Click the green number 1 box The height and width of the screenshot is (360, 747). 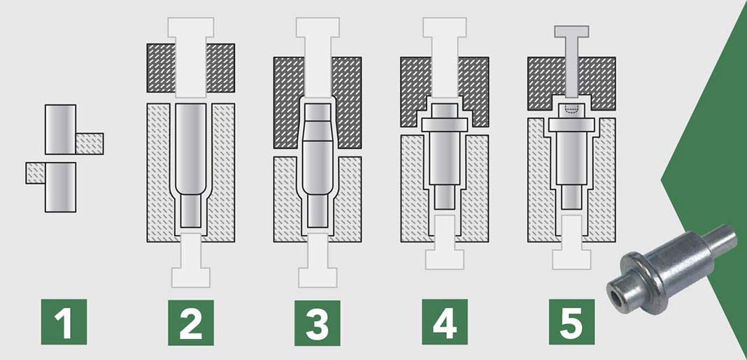click(x=64, y=322)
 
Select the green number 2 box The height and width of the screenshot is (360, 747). click(x=190, y=322)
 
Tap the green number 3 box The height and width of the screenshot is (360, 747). click(x=318, y=323)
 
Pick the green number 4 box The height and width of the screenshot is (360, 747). click(x=444, y=322)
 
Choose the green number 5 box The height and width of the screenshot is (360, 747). click(x=571, y=322)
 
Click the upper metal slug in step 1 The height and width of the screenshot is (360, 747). click(x=61, y=129)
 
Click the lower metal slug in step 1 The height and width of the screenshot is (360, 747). click(x=61, y=187)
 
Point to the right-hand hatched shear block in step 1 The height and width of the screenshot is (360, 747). click(x=90, y=143)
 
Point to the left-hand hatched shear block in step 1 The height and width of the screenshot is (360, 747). click(x=36, y=173)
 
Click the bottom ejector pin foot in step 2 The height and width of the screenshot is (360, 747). click(x=190, y=278)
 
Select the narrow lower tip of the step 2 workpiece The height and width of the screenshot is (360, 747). click(x=190, y=210)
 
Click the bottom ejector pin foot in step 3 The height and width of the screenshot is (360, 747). click(x=318, y=278)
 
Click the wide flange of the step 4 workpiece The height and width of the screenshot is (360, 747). click(x=444, y=124)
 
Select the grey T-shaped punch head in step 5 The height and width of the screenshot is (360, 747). click(x=571, y=31)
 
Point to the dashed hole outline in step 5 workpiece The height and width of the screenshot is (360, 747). click(x=571, y=109)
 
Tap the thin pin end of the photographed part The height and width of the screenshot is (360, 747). click(x=723, y=239)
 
